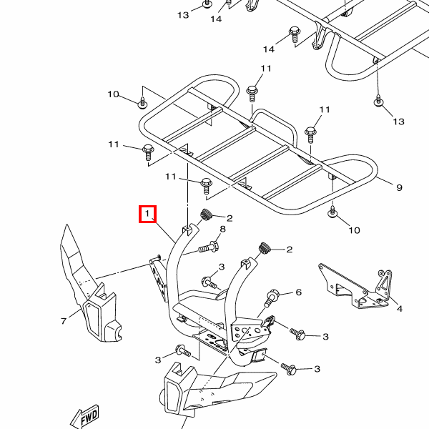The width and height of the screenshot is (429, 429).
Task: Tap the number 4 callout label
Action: tap(400, 309)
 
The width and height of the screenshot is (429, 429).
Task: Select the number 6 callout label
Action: tap(299, 292)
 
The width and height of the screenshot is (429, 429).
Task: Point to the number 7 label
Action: tap(63, 321)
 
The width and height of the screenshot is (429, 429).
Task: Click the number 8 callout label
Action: tap(222, 229)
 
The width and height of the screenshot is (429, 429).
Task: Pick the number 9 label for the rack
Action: tap(400, 187)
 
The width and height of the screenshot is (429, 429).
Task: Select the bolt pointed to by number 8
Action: tap(206, 248)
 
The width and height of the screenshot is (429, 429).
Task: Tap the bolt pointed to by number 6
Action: tap(272, 295)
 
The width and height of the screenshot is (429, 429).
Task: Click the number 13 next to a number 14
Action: tap(183, 14)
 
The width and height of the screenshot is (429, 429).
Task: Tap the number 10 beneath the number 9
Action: tap(355, 230)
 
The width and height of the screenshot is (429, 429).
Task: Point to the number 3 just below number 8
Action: tap(222, 267)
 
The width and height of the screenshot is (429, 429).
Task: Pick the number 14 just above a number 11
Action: tap(269, 49)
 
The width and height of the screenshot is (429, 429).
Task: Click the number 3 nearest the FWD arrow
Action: tap(158, 360)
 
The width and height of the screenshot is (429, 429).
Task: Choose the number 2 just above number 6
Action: tap(290, 250)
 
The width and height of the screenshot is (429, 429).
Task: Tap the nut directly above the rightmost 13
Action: tap(378, 102)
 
